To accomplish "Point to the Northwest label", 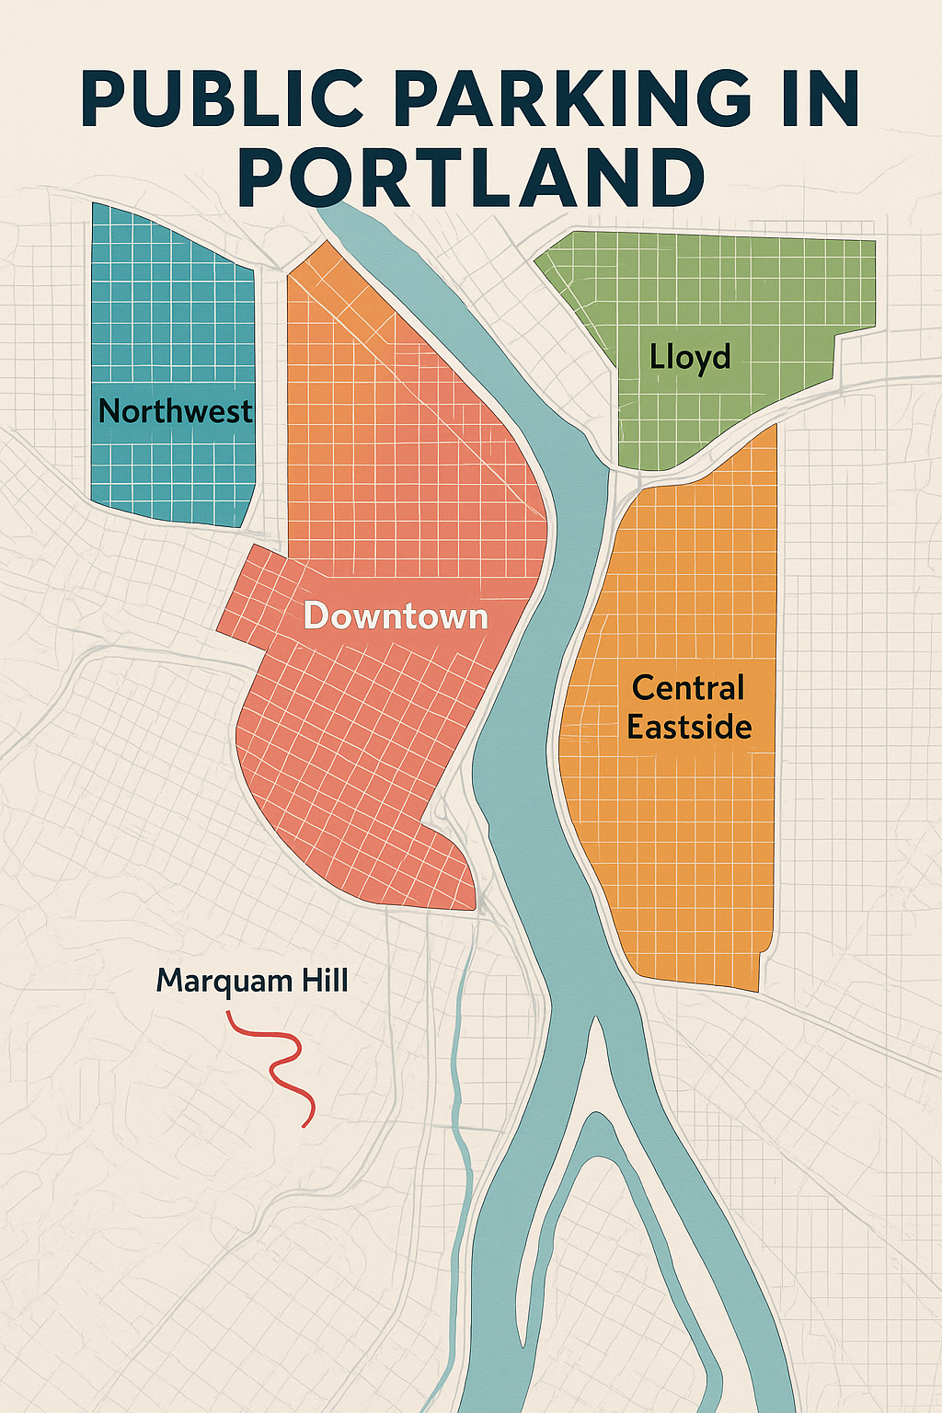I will point(175,411).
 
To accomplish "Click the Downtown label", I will point(396,615).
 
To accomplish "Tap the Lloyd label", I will point(690,357).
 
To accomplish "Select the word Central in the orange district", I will point(688,688).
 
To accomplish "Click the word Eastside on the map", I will point(689,727).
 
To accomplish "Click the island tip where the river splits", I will point(594,1021).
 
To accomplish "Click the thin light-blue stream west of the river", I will point(460,1104).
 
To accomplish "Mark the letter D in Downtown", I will point(316,615).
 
